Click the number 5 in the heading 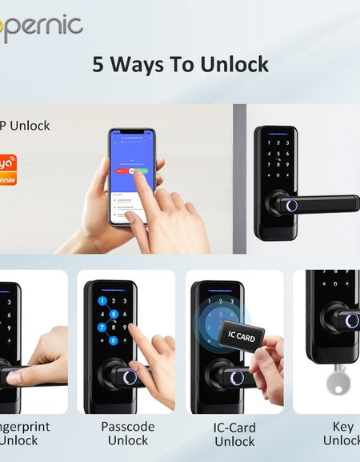[x=98, y=64]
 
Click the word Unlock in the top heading [x=232, y=64]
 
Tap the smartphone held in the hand [x=131, y=176]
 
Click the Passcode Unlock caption [x=127, y=433]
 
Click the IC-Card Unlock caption [x=234, y=433]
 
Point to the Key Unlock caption [x=342, y=433]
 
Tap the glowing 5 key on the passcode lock [x=115, y=314]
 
